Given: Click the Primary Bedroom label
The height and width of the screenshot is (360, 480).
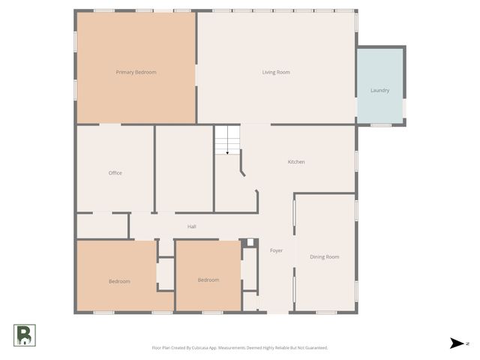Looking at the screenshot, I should tap(136, 72).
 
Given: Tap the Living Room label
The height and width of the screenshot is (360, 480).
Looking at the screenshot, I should tap(276, 72).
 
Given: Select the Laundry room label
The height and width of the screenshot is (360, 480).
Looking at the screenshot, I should tap(379, 91).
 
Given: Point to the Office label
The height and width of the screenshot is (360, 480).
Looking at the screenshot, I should tap(115, 173).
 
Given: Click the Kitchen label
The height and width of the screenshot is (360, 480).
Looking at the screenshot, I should tap(296, 162).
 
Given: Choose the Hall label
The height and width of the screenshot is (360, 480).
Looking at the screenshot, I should tap(191, 226).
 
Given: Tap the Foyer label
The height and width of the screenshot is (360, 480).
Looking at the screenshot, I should tap(276, 250).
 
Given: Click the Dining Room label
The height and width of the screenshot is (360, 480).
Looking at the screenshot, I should tap(325, 257).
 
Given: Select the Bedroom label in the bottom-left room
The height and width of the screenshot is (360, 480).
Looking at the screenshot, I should tap(119, 281).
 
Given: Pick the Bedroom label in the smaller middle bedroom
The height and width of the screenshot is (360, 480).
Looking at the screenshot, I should tap(208, 280).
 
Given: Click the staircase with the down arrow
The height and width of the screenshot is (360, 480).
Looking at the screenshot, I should tap(227, 140).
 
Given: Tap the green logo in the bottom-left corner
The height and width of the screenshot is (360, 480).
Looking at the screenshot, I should tap(24, 335).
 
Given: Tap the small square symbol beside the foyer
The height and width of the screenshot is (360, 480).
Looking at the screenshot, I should tap(250, 242).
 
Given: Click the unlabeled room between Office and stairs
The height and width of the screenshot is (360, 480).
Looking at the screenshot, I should tap(184, 169).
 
